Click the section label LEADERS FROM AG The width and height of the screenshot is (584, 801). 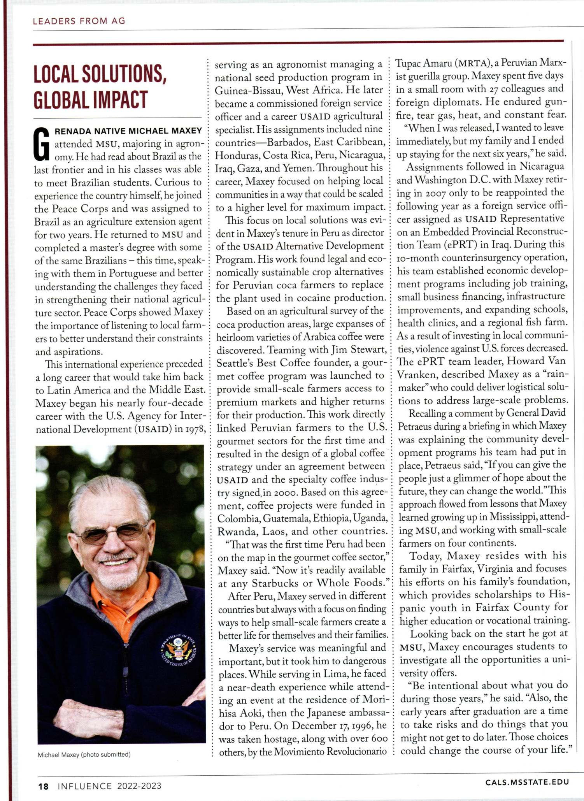79,21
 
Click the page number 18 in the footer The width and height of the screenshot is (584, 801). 43,786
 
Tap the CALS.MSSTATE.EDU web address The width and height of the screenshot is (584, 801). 527,782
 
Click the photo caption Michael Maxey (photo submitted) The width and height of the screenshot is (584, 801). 84,754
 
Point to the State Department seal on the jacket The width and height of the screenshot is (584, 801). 179,649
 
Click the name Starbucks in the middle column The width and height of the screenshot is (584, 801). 276,583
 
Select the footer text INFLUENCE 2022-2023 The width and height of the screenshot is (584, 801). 109,786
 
